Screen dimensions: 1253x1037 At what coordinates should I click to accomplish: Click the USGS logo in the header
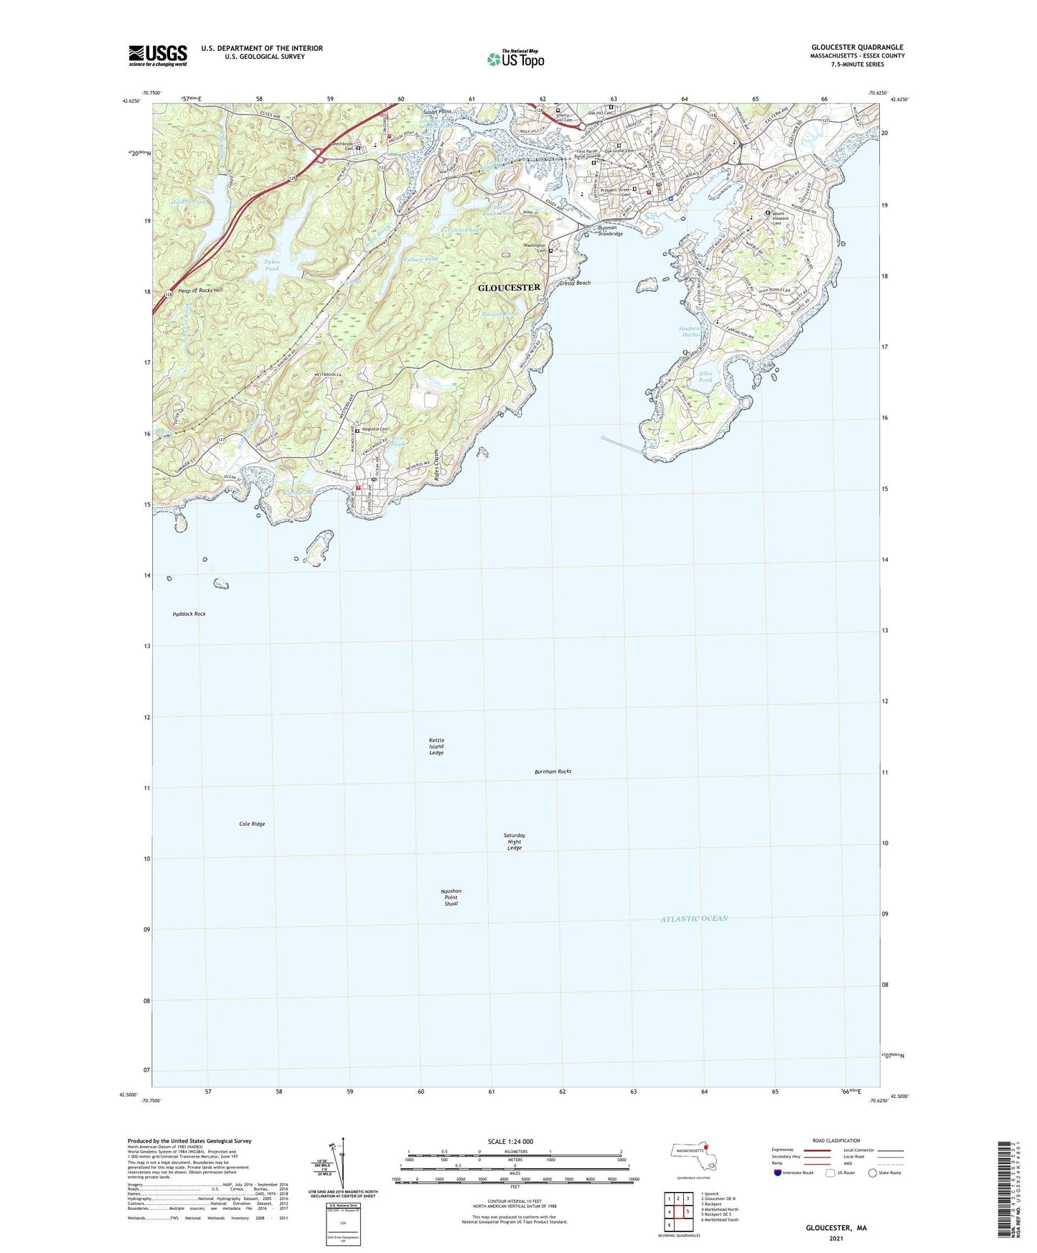[158, 55]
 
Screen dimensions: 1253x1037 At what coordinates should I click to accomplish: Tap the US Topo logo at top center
[515, 59]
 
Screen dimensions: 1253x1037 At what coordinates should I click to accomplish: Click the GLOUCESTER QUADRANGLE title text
[857, 47]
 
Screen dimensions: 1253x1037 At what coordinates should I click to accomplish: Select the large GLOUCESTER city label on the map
[509, 287]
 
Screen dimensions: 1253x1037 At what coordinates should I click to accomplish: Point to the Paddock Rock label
[189, 614]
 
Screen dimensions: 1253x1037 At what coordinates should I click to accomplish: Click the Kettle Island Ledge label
[436, 746]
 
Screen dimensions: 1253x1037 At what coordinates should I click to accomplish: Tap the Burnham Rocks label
[553, 771]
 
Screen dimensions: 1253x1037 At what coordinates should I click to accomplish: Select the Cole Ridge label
[252, 824]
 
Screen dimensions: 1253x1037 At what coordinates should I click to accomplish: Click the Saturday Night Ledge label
[515, 842]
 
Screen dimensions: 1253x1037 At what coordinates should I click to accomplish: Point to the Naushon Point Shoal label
[451, 897]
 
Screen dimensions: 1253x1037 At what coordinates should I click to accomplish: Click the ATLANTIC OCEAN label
[694, 919]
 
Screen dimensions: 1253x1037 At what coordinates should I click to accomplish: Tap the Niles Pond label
[705, 377]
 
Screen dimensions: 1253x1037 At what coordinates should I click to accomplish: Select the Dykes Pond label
[271, 266]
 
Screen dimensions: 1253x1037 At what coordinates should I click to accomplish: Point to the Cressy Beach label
[575, 283]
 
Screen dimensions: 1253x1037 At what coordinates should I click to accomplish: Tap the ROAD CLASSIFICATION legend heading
[836, 1140]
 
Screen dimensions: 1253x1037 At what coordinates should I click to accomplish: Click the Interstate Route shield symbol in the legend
[779, 1173]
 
